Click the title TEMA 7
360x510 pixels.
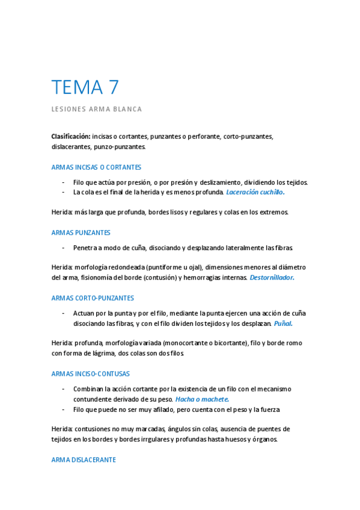(85, 88)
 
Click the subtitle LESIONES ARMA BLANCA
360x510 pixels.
(97, 109)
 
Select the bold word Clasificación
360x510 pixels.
(71, 137)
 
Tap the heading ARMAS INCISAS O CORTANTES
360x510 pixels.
(97, 167)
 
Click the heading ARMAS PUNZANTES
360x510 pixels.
(81, 233)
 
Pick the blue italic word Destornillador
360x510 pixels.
(272, 278)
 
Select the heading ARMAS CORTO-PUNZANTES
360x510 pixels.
(93, 298)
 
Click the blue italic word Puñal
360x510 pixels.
(283, 323)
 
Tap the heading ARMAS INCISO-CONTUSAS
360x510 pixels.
(91, 373)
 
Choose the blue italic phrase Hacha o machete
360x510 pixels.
(202, 399)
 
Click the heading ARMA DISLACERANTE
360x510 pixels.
(84, 459)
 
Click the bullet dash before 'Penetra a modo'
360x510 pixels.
(63, 248)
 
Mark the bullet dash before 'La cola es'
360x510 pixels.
(63, 192)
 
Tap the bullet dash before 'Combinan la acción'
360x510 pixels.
(63, 389)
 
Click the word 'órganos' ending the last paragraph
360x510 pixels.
(264, 439)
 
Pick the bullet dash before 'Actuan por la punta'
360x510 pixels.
(63, 313)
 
